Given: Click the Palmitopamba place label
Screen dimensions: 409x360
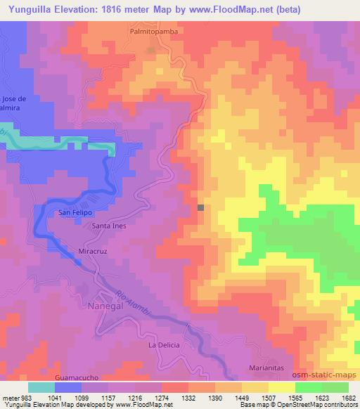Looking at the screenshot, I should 151,32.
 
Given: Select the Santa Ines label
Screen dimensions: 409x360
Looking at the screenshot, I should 108,226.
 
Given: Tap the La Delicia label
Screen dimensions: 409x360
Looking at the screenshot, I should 165,345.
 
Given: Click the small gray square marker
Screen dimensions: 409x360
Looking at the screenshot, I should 201,207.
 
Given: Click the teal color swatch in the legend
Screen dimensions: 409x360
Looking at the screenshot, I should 41,387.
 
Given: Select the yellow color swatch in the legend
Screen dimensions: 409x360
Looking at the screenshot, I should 282,387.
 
